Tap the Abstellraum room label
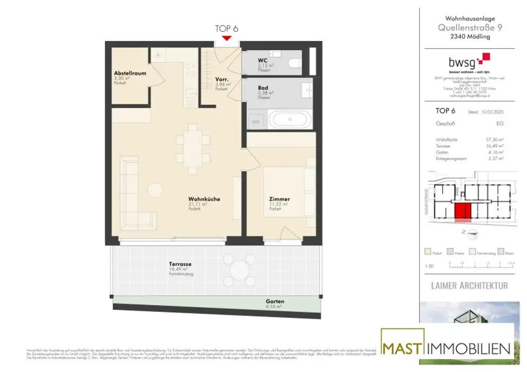coord(130,73)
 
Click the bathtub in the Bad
coord(291,120)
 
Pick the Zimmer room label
coord(279,199)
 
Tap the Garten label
coord(275,302)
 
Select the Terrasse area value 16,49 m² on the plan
coord(177,269)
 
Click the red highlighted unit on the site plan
coord(463,211)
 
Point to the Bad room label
coord(263,88)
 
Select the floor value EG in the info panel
coord(500,124)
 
